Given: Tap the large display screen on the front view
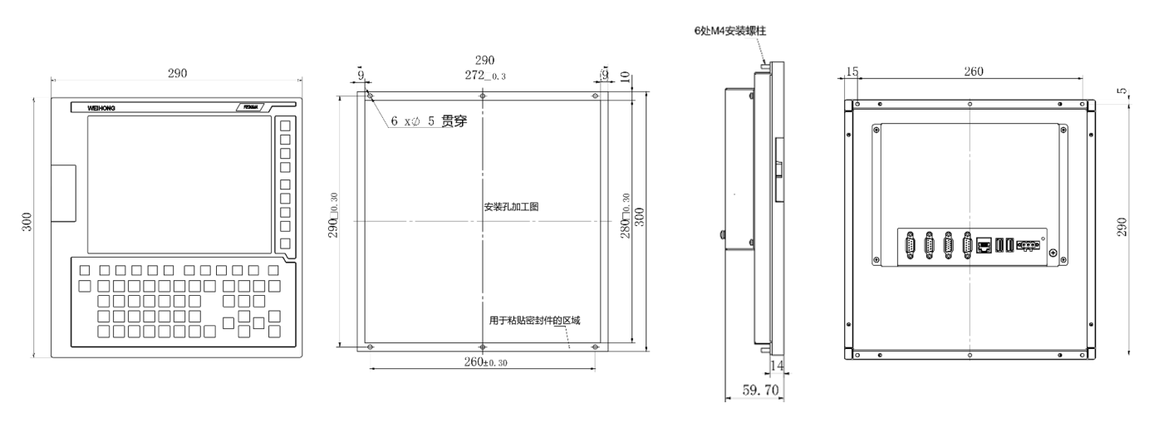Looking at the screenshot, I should (179, 184).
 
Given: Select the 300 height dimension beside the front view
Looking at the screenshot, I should (27, 222).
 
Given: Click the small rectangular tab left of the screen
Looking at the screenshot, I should (62, 193).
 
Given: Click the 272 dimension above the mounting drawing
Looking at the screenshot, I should (485, 75).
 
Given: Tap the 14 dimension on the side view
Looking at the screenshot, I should (777, 365).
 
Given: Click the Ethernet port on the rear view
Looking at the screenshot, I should (985, 246).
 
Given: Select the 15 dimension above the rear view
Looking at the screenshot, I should (852, 72).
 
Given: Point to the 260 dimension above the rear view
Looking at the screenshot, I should (973, 72).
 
